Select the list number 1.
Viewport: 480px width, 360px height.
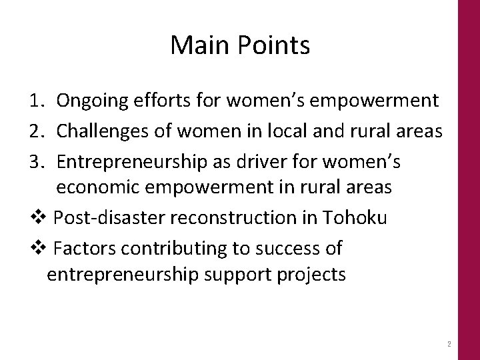[x=37, y=101]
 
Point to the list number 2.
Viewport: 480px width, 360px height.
[x=37, y=131]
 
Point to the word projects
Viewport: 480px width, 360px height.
[x=310, y=275]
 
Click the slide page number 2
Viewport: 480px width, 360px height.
[x=449, y=345]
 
